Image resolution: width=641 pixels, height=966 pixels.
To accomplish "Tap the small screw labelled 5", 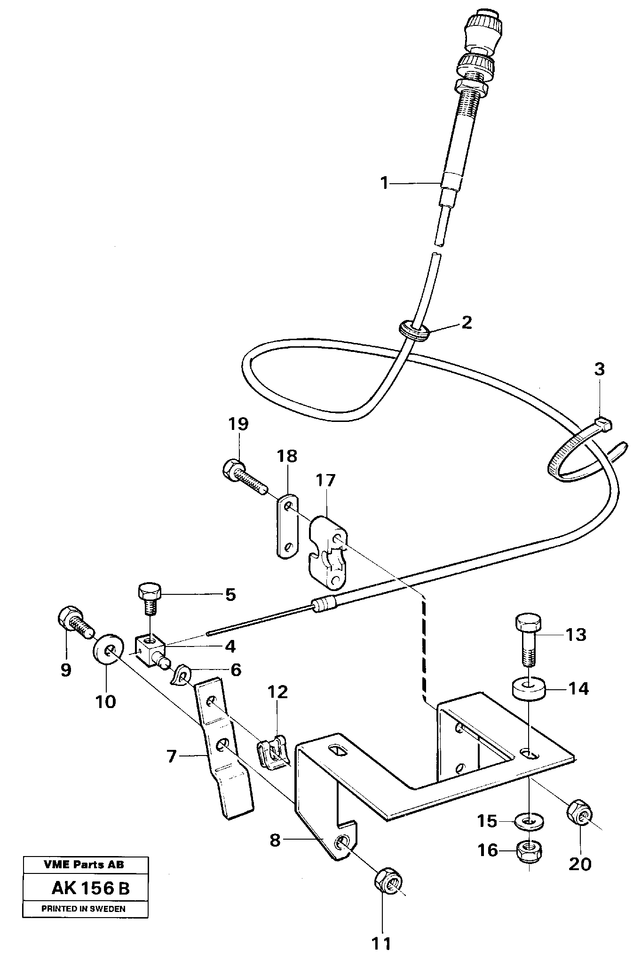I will pos(150,597).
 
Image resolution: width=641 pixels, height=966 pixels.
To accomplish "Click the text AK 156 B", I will pos(90,888).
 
